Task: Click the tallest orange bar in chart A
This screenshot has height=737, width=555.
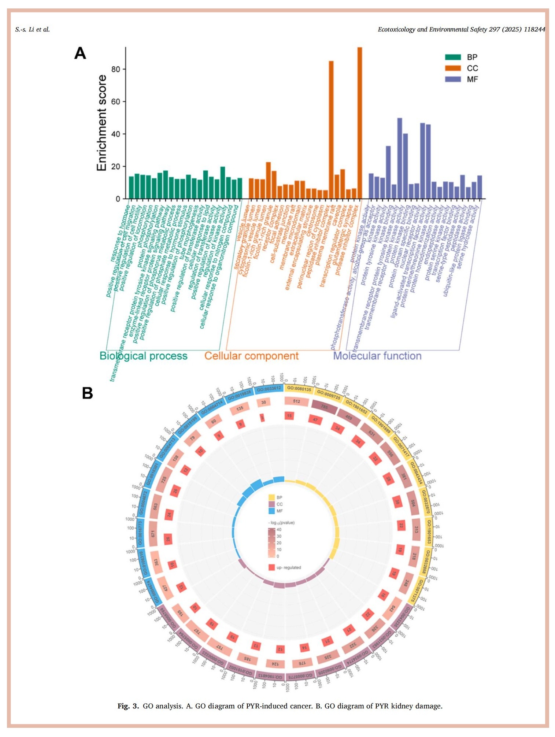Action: pos(359,123)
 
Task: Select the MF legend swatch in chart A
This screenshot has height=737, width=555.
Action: pos(453,79)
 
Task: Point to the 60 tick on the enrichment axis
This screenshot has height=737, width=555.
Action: pos(116,101)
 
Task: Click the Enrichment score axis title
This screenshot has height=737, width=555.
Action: pos(101,123)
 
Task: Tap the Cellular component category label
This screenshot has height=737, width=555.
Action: pos(251,356)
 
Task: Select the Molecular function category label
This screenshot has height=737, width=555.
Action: pos(377,356)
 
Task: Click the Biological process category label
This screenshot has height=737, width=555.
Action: pos(143,356)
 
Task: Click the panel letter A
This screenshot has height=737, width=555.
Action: pos(80,53)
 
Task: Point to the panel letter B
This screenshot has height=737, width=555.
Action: pos(87,393)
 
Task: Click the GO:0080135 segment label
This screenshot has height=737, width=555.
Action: pos(299,389)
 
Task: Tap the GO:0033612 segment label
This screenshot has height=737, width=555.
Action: pos(269,389)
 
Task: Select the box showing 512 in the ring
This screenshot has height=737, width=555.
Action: pos(296,401)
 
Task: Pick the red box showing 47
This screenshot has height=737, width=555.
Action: pos(315,420)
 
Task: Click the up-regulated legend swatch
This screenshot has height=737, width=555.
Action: pos(271,567)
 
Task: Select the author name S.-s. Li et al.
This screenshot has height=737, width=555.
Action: pos(32,29)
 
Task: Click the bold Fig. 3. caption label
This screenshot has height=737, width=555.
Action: pos(128,706)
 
